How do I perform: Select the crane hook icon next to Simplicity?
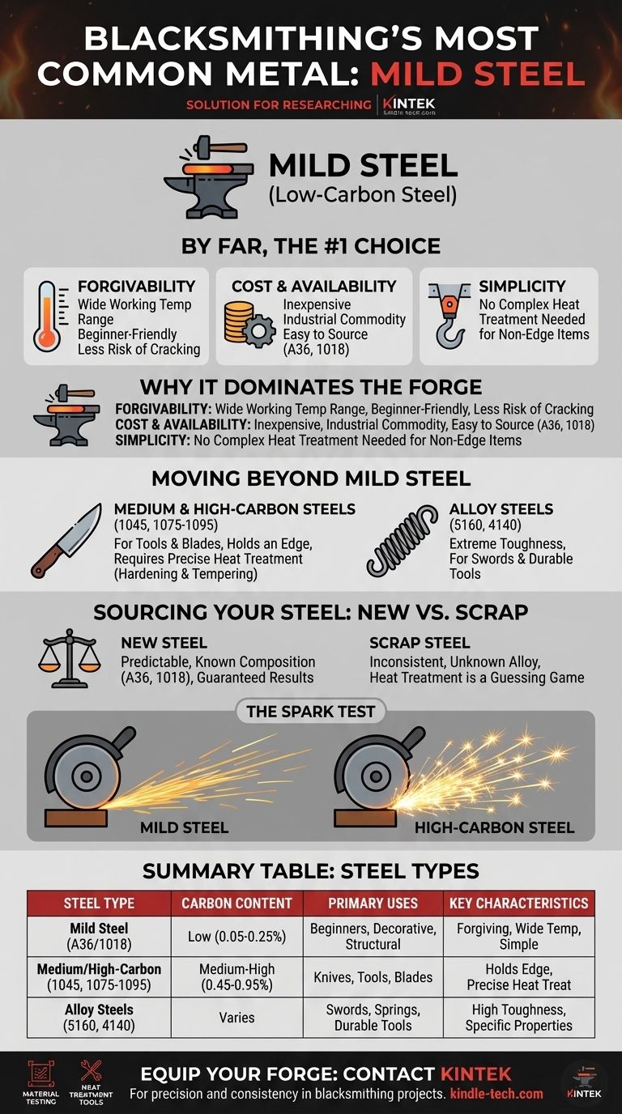(449, 314)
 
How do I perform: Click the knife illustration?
(66, 541)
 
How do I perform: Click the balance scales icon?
(70, 658)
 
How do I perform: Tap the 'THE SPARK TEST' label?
(310, 712)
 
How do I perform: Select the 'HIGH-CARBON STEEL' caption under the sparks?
(494, 827)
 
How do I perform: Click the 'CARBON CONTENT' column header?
(236, 904)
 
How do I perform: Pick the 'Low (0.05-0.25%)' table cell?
(236, 937)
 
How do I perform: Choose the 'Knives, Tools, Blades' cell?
(373, 977)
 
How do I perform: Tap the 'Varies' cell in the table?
(236, 1018)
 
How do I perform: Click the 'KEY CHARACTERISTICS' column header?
(519, 904)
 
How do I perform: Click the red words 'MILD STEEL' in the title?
(477, 74)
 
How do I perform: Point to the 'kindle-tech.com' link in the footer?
(496, 1094)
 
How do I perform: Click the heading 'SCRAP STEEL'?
(420, 643)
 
